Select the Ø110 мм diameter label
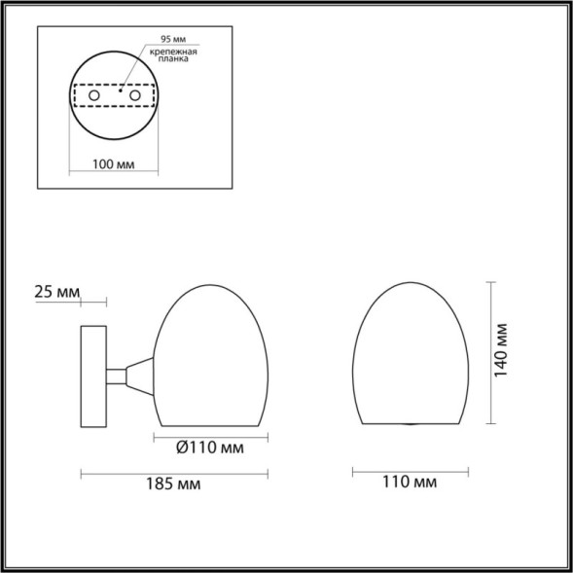(x=210, y=448)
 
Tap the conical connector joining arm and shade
(x=140, y=375)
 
